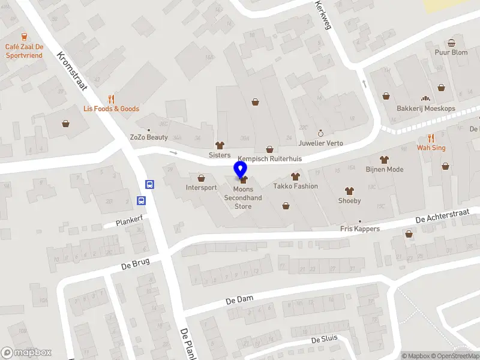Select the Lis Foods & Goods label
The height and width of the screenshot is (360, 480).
[x=111, y=109]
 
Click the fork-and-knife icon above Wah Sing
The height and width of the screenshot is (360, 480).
[x=431, y=137]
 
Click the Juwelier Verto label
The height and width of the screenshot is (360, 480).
[x=320, y=143]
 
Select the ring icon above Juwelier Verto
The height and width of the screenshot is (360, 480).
[x=320, y=133]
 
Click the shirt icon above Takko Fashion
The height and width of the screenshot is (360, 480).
[x=295, y=176]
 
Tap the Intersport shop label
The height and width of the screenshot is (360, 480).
[x=201, y=188]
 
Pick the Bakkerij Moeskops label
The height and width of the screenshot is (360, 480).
[x=426, y=109]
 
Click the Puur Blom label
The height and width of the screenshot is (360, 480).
[x=451, y=52]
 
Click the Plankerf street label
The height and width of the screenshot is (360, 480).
[x=130, y=221]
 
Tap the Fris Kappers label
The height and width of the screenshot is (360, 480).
[x=360, y=229]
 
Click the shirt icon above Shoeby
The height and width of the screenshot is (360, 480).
[x=350, y=191]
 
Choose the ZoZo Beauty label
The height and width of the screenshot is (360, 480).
[x=149, y=137]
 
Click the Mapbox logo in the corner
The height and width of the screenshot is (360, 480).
[x=26, y=352]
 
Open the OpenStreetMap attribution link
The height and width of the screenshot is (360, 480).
[x=457, y=356]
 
